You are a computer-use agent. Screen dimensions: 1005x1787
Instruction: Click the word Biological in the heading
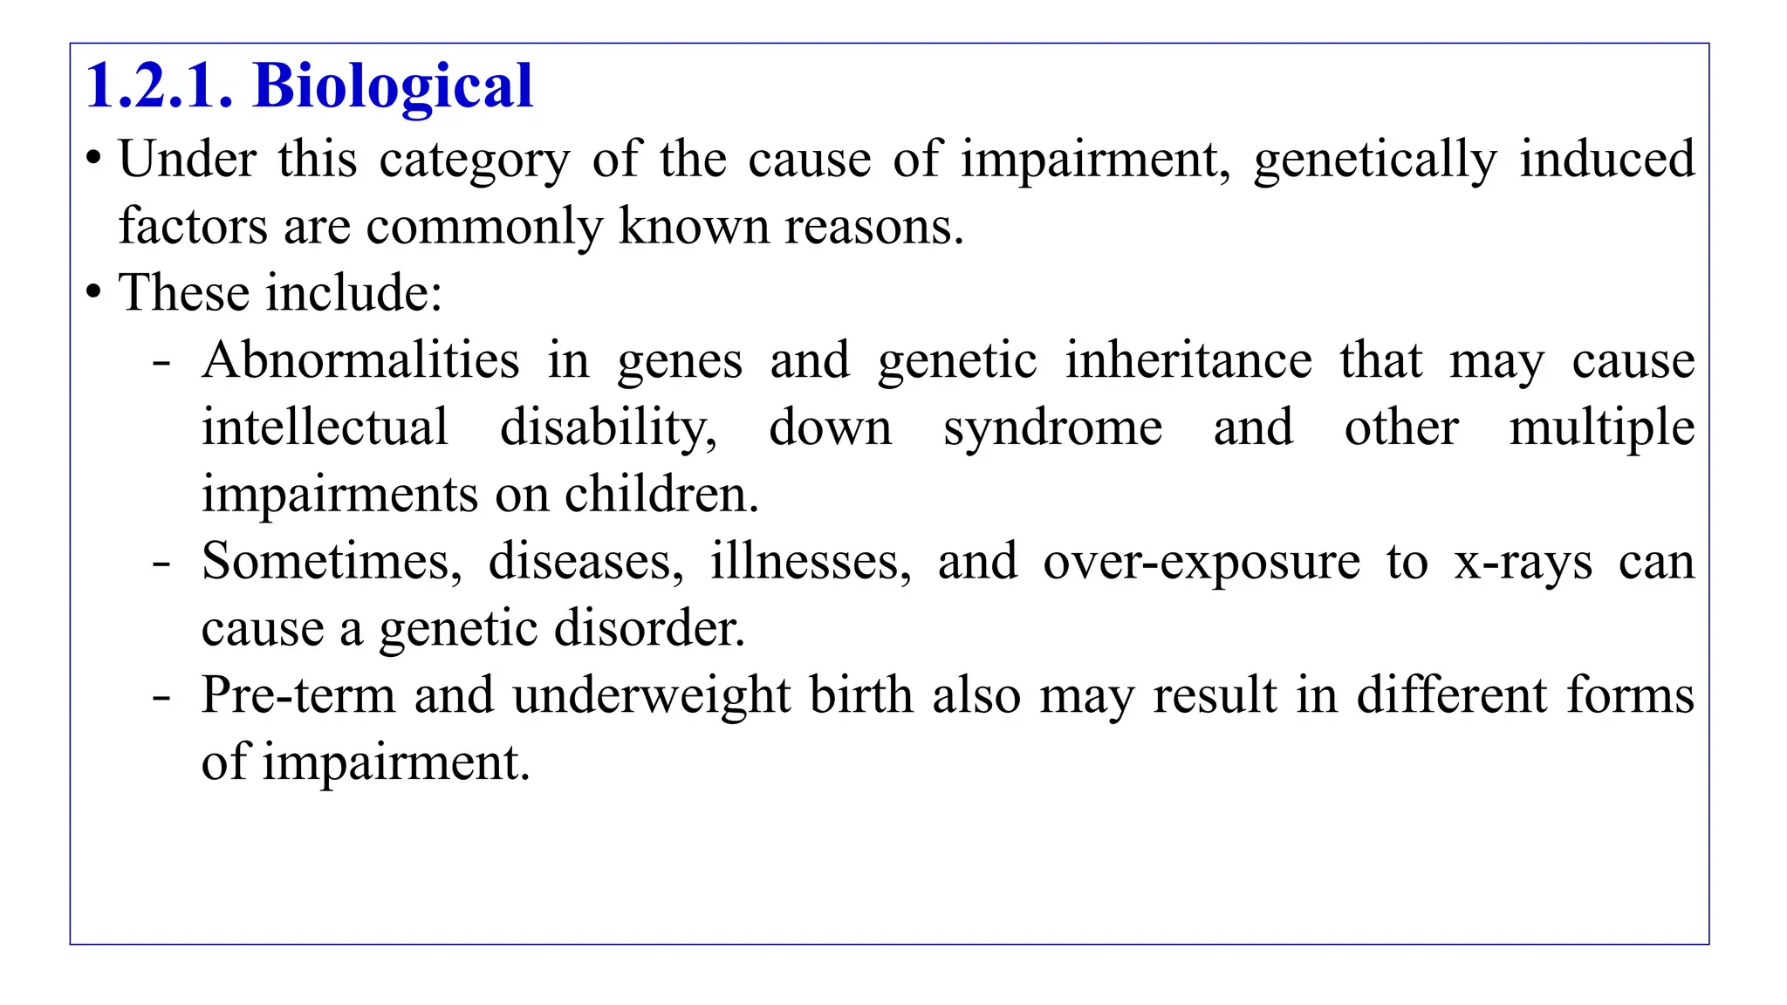393,87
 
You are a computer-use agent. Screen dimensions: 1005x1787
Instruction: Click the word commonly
484,227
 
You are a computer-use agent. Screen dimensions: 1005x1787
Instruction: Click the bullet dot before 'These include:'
93,292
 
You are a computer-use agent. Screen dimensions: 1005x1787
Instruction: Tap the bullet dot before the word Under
93,160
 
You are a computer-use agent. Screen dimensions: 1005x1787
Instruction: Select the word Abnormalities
360,359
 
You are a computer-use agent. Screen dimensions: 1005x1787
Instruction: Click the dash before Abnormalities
161,361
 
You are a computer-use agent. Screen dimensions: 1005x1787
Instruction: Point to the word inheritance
1188,359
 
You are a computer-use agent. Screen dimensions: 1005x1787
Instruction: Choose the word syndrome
1052,428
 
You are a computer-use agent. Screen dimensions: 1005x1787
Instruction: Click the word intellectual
325,427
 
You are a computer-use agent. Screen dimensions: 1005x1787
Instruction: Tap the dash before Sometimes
161,563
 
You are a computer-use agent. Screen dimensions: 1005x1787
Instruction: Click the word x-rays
1523,563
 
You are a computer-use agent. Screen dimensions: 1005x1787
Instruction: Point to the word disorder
649,628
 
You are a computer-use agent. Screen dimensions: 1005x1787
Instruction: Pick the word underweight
652,696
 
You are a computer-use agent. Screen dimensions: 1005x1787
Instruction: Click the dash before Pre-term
161,697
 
